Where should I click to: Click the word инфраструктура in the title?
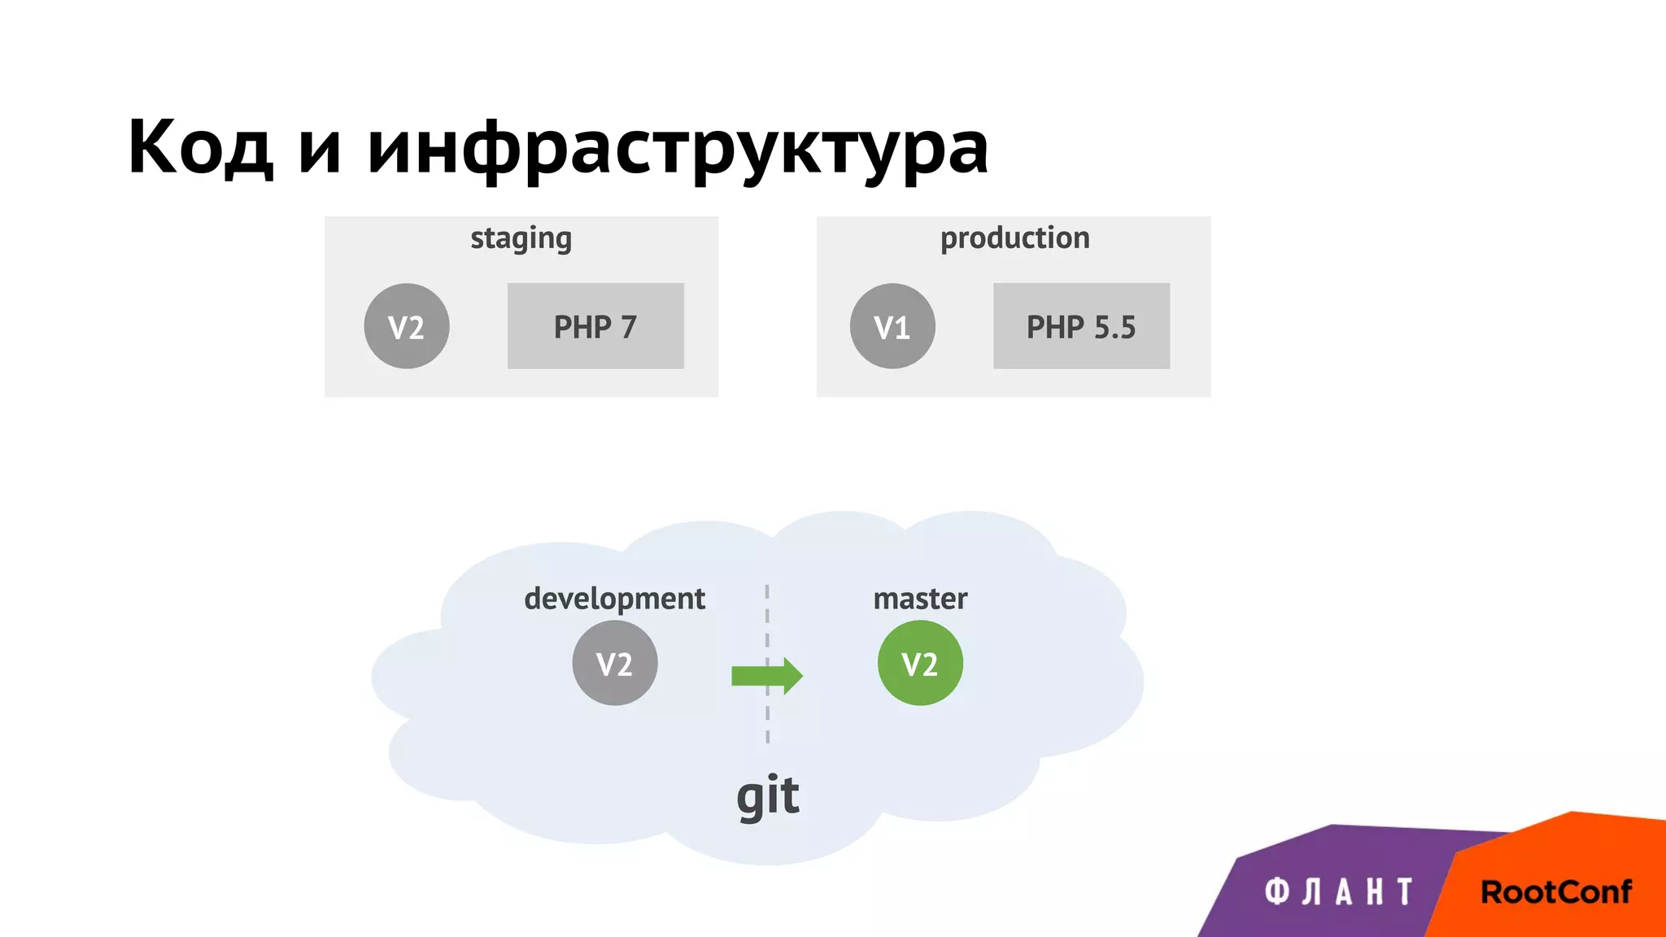click(677, 148)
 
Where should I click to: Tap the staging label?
click(521, 238)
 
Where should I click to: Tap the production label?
click(1014, 238)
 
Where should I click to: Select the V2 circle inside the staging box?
click(406, 326)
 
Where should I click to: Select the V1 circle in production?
click(892, 326)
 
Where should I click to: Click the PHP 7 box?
click(595, 326)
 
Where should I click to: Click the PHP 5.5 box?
click(1081, 326)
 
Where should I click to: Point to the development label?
click(614, 599)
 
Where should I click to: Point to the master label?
click(920, 599)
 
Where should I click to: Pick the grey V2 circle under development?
click(614, 663)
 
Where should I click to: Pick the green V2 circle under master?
click(920, 663)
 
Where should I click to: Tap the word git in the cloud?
click(767, 795)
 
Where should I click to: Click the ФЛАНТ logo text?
click(1338, 892)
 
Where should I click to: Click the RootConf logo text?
click(1555, 892)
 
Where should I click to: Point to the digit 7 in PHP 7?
click(628, 327)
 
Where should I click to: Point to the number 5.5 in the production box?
click(1114, 327)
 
